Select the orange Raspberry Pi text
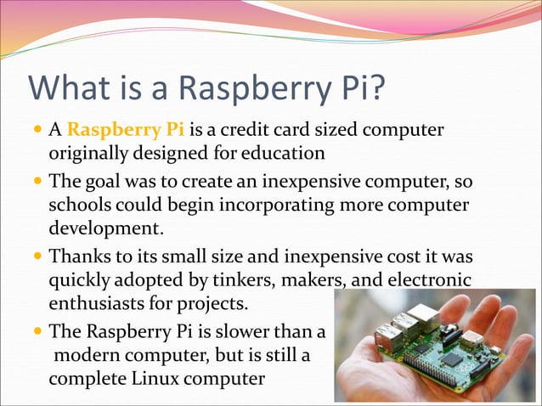(125, 131)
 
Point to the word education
(281, 155)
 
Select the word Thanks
(79, 257)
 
